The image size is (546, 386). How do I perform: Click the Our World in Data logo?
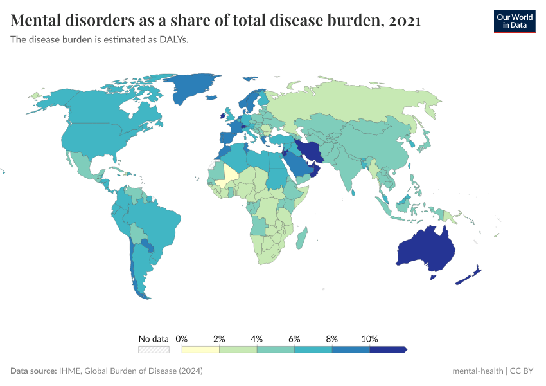(514, 21)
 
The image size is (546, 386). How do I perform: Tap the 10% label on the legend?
(369, 338)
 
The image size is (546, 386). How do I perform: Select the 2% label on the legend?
(219, 338)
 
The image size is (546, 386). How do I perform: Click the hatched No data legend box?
(154, 349)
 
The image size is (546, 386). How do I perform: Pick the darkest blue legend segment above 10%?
(387, 349)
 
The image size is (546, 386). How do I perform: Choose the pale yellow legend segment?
(200, 349)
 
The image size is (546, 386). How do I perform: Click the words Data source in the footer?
(33, 371)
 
